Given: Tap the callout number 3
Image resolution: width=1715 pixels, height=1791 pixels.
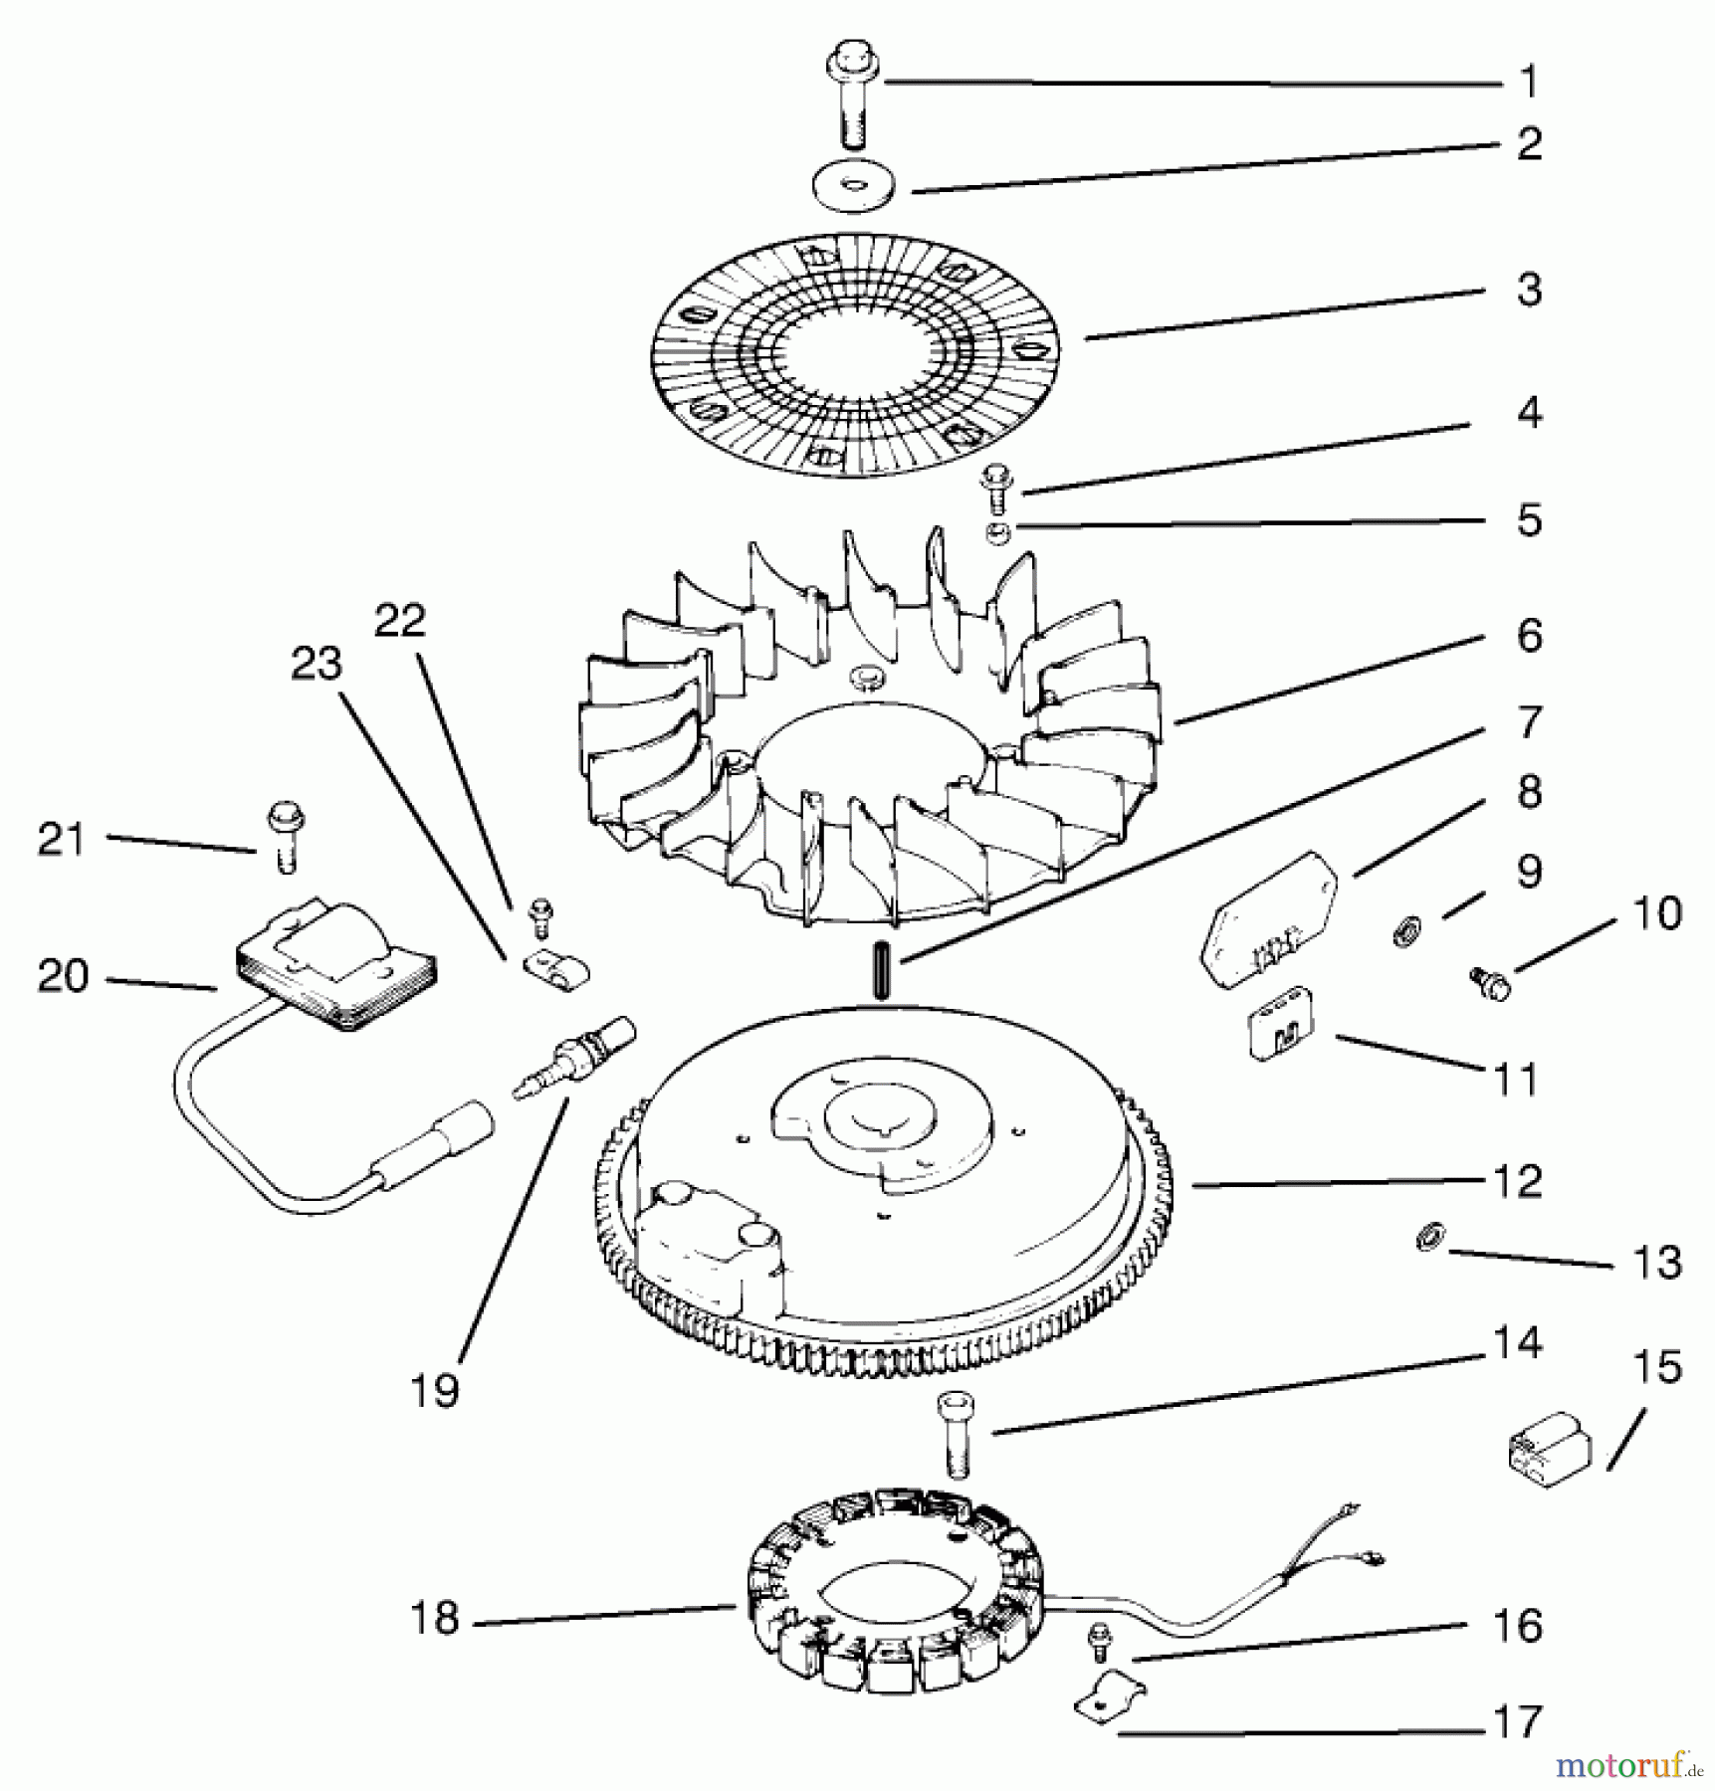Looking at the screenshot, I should (1529, 290).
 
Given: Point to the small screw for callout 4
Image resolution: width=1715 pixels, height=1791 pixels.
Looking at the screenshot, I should (994, 491).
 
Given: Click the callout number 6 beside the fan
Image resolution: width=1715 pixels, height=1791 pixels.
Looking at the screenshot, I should (1530, 635).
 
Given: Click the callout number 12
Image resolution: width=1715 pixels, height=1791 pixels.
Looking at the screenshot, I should (1517, 1181).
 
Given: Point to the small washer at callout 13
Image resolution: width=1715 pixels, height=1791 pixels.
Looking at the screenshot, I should (1428, 1239).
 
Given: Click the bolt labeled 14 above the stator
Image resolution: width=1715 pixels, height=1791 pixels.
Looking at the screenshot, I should (957, 1435).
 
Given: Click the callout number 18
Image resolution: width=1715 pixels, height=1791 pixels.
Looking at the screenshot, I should (434, 1619).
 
